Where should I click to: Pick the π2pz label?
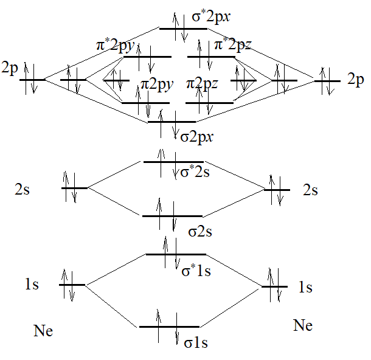coord(202,83)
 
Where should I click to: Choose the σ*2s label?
coord(195,173)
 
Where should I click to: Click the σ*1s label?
coord(196,271)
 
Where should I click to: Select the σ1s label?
coord(196,343)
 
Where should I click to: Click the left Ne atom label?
coord(43,331)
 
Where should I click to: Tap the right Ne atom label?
coord(303,325)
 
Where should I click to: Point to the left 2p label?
coord(9,67)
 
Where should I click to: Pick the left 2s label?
coord(23,190)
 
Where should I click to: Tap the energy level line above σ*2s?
coord(173,162)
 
